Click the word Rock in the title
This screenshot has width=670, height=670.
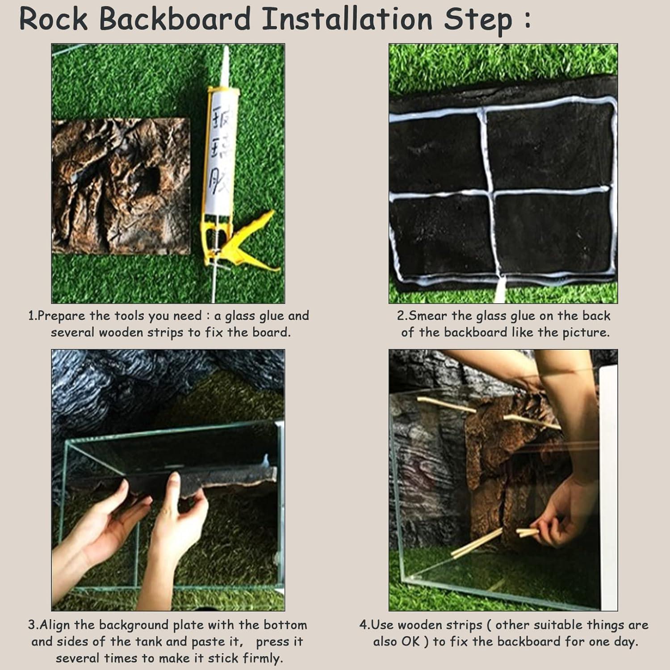(x=54, y=20)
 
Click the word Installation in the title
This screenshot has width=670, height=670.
(x=347, y=20)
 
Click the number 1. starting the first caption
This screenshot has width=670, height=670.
(x=33, y=316)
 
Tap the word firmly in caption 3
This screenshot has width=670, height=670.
(x=263, y=658)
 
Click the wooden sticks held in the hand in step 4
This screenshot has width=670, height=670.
(x=527, y=532)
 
